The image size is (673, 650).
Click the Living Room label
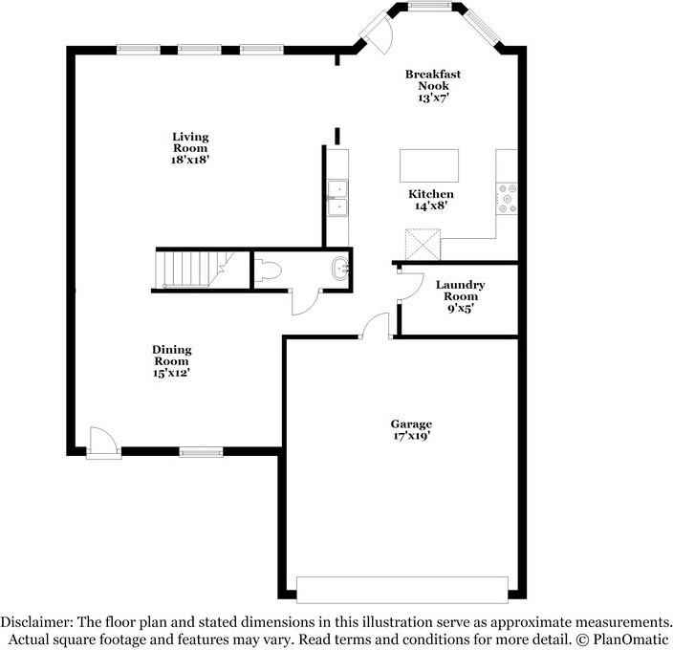click(190, 142)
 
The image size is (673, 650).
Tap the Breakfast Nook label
click(433, 79)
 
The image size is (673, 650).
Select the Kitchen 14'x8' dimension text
click(431, 206)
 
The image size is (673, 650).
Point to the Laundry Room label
click(460, 291)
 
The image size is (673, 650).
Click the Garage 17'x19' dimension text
click(412, 436)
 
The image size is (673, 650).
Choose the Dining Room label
click(172, 356)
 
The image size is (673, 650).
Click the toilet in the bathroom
click(268, 271)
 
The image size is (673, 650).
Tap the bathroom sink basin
click(340, 269)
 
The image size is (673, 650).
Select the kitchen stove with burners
click(507, 199)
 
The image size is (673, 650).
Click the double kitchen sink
click(337, 198)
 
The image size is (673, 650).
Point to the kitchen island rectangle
click(429, 165)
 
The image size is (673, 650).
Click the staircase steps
click(193, 269)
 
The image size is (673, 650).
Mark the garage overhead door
click(402, 590)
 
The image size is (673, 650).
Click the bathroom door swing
click(305, 302)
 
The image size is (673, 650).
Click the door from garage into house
click(376, 326)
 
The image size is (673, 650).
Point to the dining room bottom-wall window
click(201, 452)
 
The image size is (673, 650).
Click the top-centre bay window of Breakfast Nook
click(429, 6)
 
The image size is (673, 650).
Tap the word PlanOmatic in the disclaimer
click(631, 639)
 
